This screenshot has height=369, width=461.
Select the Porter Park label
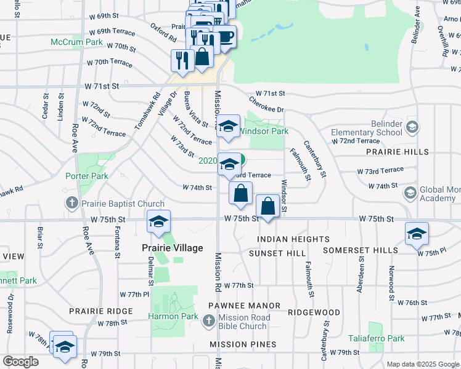point(87,176)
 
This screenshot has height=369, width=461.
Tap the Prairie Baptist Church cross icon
point(71,204)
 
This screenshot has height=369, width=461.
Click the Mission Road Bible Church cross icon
point(208,320)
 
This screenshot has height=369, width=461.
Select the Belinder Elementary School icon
point(412,128)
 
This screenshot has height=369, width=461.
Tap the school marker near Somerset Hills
point(417,234)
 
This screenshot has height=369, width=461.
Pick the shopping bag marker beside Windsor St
point(267,207)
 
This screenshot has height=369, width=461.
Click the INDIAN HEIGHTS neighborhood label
point(293,239)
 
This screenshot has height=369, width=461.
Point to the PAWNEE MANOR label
point(244,306)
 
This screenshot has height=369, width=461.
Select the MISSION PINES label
point(243,345)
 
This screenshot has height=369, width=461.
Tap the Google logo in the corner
point(21,362)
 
